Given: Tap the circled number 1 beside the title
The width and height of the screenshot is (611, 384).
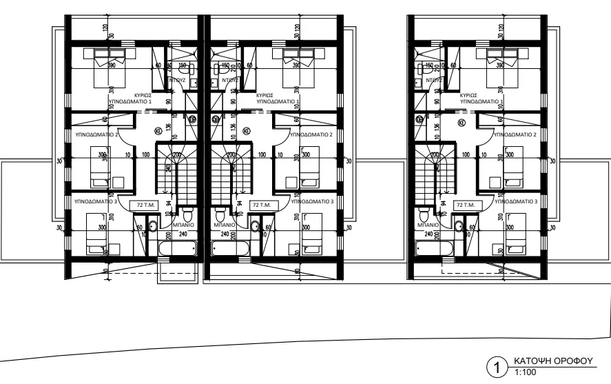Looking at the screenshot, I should [x=493, y=366].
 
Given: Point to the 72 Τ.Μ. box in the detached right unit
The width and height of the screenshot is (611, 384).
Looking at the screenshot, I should [x=466, y=205].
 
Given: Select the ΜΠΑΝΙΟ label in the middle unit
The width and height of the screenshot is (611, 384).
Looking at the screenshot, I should [x=226, y=224].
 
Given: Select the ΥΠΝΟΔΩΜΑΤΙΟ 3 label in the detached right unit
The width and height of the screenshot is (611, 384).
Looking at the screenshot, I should [x=516, y=201].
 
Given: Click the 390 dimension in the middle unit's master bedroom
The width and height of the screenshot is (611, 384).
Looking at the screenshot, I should [x=296, y=66].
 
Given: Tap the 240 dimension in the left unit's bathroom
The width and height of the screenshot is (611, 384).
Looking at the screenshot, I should [x=184, y=233].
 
